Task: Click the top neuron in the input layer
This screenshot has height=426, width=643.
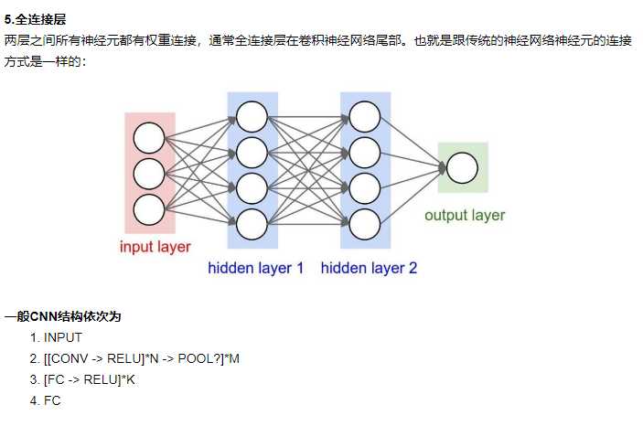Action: tap(148, 138)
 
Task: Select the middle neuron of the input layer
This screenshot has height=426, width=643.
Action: tap(148, 174)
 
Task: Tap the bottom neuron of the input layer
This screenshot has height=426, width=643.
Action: tap(148, 209)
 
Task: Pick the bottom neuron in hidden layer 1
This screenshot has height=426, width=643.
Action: tap(252, 223)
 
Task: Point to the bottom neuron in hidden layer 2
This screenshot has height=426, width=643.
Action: tap(364, 223)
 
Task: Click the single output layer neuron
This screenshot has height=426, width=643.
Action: tap(462, 168)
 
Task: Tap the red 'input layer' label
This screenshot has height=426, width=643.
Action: tap(155, 247)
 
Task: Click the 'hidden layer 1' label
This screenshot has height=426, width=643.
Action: tap(255, 269)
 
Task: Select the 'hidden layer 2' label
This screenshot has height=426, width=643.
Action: tap(369, 269)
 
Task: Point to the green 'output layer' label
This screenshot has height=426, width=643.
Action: tap(464, 216)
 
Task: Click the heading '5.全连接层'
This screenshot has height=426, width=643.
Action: tap(35, 19)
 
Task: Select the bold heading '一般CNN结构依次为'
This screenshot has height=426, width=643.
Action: tap(62, 317)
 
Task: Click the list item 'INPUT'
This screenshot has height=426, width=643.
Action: tap(62, 337)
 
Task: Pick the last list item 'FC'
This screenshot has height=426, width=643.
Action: tap(51, 400)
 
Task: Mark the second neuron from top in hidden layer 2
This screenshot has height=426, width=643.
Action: tap(364, 152)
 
